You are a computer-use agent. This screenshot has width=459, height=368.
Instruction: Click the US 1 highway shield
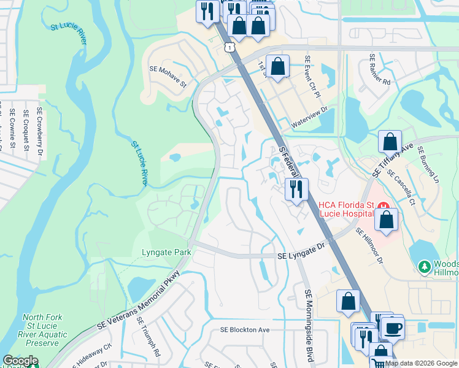[228, 47]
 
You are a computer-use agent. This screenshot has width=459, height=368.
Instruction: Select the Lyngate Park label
[166, 252]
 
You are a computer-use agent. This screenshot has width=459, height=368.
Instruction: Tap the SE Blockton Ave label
[245, 329]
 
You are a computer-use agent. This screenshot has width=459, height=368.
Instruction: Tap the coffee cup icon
[393, 327]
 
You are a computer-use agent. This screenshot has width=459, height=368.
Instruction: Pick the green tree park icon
[423, 266]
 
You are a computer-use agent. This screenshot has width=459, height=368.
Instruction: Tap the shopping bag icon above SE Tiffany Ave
[390, 142]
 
